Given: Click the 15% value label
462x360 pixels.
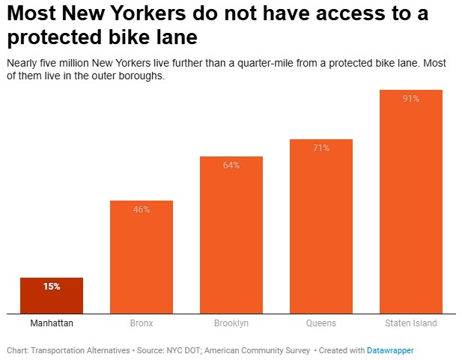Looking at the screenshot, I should coord(51,287).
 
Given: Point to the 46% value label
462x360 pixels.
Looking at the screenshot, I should coord(141,210).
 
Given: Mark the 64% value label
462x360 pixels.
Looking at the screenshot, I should coord(231,165).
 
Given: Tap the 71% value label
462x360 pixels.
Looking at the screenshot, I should coord(320,148).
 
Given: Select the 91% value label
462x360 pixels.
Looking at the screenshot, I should coord(410,99).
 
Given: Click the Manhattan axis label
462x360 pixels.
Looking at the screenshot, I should coord(51,323).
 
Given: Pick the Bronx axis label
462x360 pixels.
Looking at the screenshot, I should coord(141,323).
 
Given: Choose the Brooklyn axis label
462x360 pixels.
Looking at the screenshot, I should coord(231,323).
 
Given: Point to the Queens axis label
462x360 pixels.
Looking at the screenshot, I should coord(320,323).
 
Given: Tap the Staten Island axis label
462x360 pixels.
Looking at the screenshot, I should coord(410,323).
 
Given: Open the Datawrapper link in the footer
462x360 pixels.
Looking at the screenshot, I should coord(389,350).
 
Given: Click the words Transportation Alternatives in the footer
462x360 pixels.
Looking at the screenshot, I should coord(73,350).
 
